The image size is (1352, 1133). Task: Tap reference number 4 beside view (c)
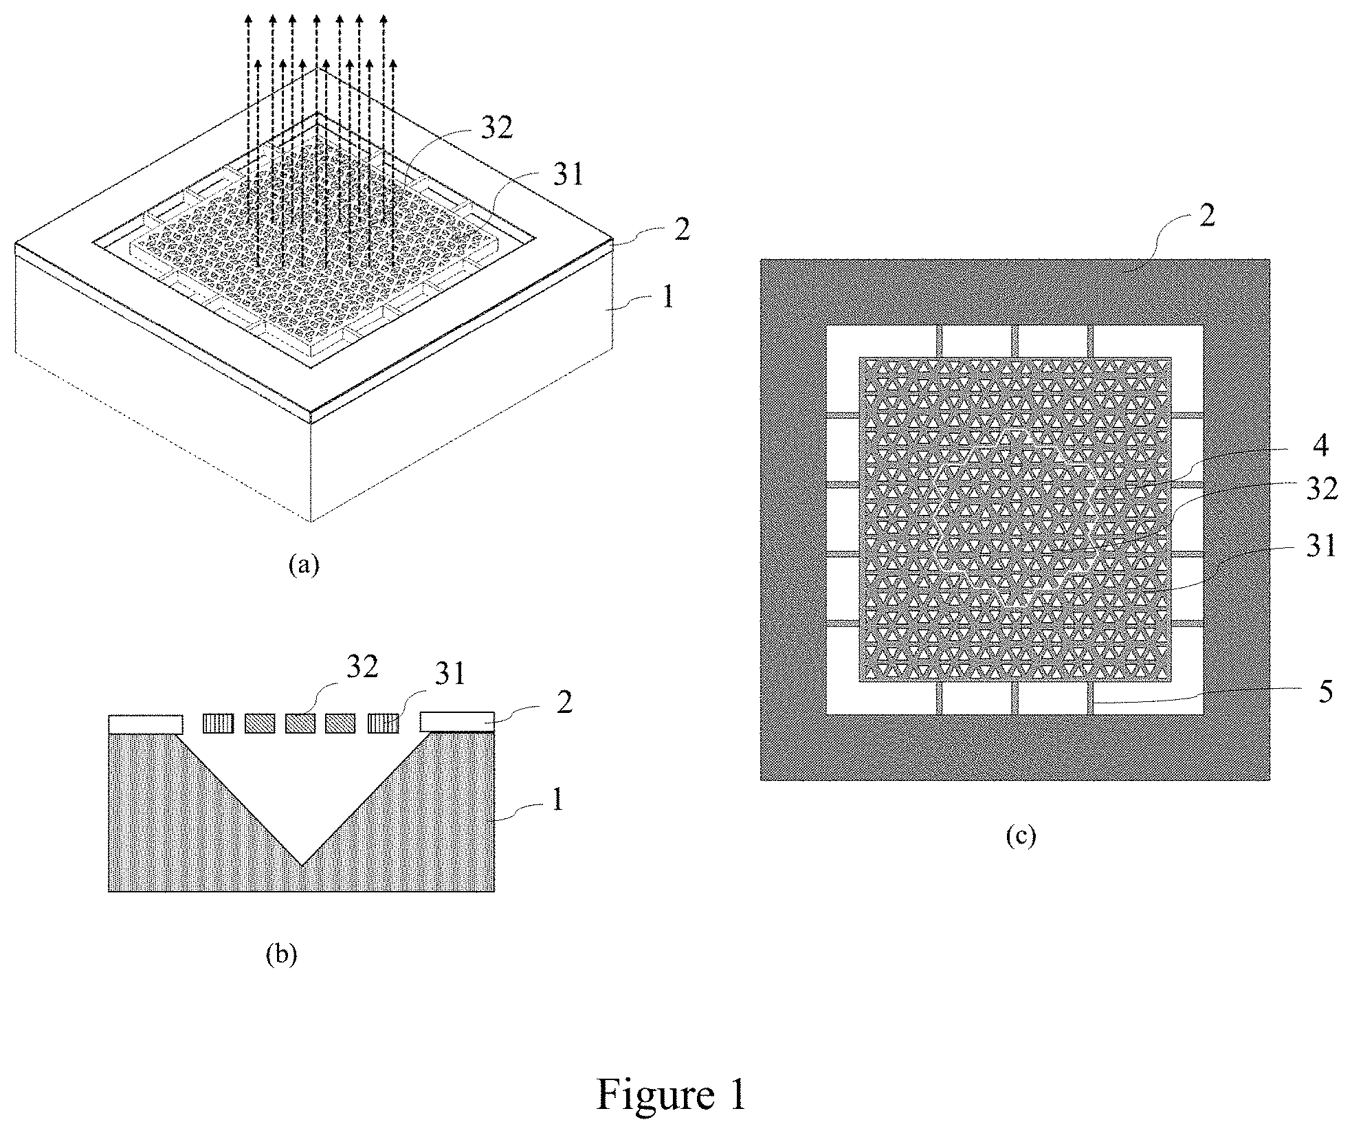[1320, 445]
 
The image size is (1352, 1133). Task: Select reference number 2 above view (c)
[1207, 215]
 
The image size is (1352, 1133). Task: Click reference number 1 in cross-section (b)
[558, 800]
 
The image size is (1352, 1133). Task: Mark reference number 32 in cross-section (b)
[362, 667]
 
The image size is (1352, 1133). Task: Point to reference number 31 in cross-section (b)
[450, 674]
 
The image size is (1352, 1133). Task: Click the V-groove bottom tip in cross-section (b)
[302, 863]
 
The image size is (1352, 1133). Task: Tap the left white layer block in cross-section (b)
[146, 724]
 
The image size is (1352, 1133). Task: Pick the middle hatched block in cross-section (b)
[300, 724]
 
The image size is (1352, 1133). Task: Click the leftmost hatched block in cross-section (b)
[217, 724]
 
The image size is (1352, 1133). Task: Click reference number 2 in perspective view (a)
[680, 230]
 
